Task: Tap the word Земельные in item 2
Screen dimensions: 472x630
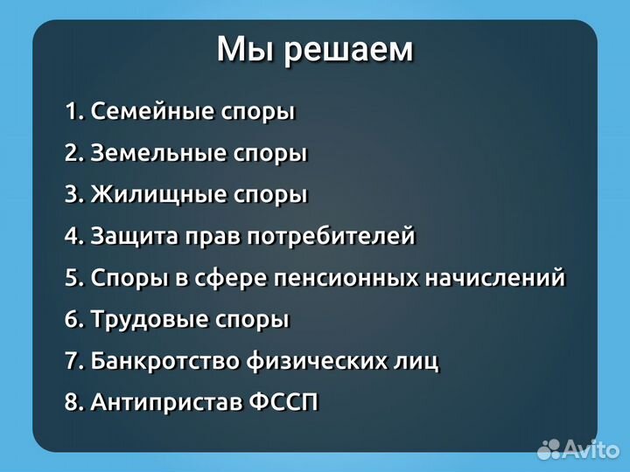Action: point(158,154)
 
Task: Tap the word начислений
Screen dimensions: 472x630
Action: point(495,278)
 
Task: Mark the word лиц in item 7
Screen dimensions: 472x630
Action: point(418,361)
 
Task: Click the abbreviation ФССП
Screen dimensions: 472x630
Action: point(286,403)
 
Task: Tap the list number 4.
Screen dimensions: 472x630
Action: point(72,236)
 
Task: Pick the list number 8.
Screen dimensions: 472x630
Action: point(72,403)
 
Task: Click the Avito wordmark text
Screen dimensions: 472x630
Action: point(591,448)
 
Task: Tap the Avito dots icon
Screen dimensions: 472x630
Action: point(549,449)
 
